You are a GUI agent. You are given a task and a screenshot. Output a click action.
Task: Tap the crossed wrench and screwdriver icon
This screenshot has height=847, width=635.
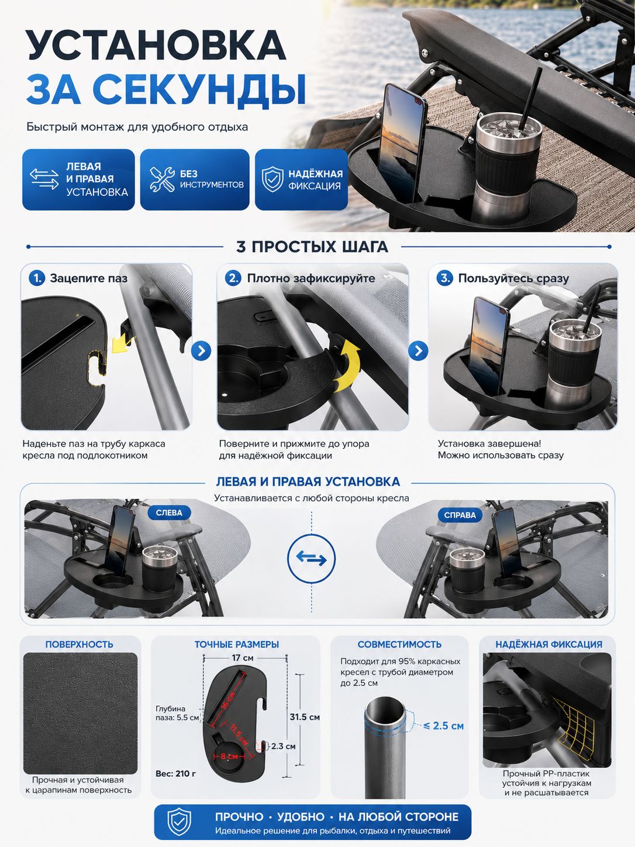[162, 180]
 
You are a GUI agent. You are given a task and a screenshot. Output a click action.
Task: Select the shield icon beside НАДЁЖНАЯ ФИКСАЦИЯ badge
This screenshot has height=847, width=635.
[272, 179]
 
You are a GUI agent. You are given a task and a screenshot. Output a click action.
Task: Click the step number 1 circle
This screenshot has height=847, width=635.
[37, 278]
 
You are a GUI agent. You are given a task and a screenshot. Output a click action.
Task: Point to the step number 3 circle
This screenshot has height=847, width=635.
[444, 278]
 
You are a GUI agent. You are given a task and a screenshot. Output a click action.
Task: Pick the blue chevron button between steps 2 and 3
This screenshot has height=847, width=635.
[418, 351]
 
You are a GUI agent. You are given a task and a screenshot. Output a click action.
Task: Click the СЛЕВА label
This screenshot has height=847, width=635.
[169, 513]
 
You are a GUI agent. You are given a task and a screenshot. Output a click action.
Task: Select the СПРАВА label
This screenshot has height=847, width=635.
[460, 515]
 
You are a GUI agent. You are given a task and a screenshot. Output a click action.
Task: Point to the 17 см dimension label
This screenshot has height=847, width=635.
[243, 657]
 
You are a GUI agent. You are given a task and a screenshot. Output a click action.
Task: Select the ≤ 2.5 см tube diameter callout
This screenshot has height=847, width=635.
[443, 725]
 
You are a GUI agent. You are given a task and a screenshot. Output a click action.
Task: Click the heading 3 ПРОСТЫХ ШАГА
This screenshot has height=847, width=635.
[312, 247]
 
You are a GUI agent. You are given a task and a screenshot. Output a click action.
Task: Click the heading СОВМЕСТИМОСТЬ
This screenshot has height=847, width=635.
[399, 644]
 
